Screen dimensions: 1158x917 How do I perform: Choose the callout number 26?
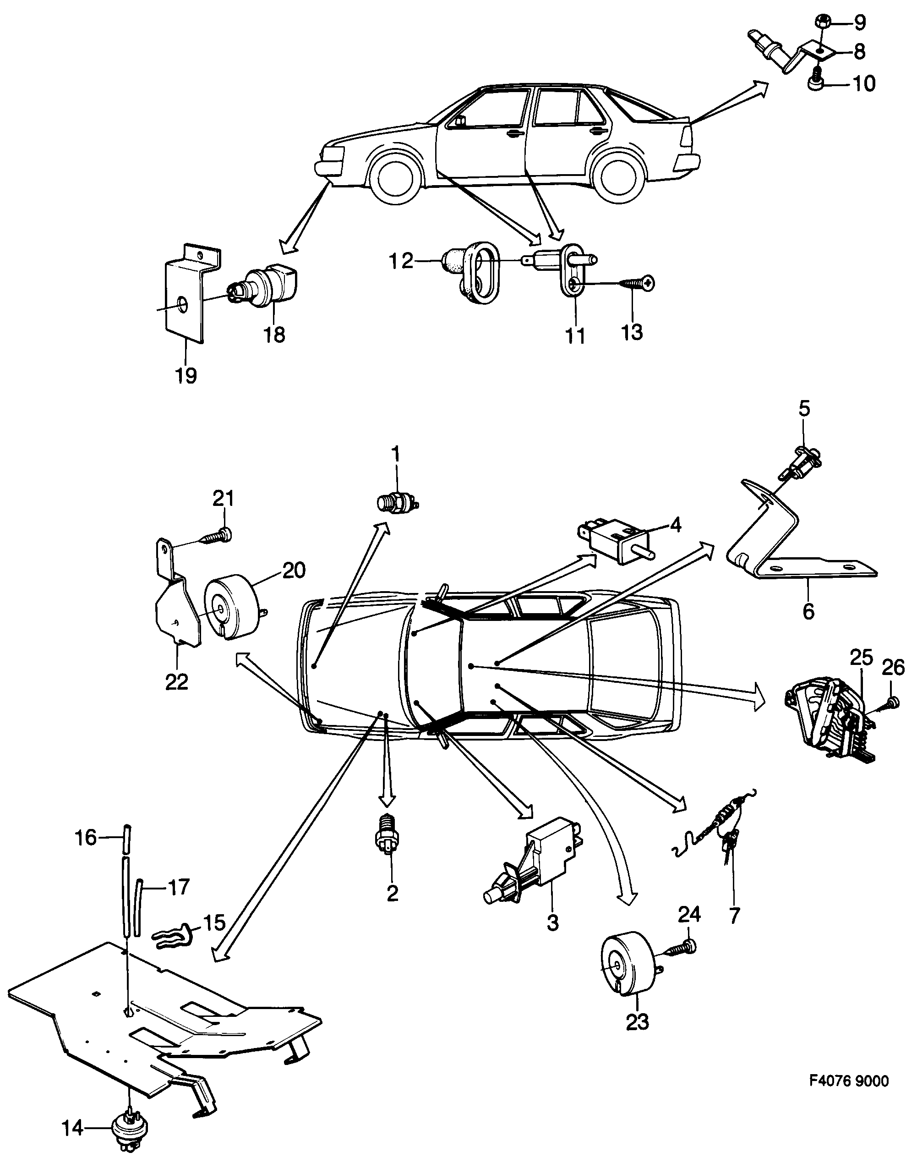pos(893,668)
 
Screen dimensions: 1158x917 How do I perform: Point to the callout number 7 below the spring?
pos(734,914)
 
